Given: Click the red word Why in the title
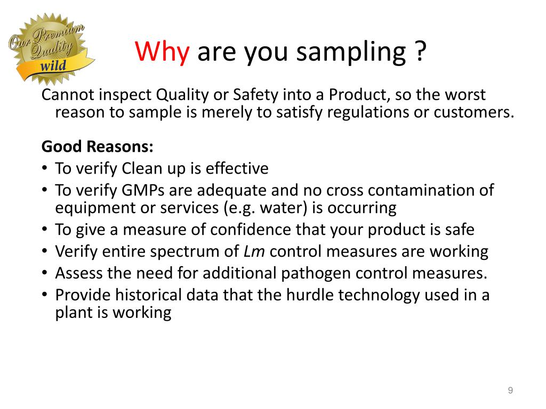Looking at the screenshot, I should point(162,53).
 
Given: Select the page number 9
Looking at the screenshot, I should point(510,391).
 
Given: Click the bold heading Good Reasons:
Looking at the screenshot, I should point(97,146).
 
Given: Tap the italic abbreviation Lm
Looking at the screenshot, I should point(258,251).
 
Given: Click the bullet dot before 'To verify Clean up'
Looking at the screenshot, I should point(45,169).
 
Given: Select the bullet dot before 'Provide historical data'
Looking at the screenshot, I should point(45,295).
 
